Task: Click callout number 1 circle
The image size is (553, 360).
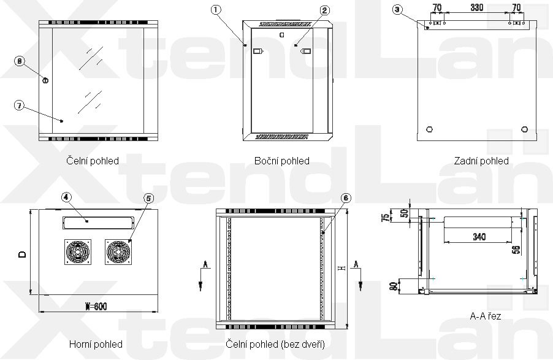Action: (216, 10)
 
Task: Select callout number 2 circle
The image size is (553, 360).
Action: (324, 10)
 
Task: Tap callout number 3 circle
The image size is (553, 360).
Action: (397, 10)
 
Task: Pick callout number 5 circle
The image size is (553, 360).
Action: (148, 198)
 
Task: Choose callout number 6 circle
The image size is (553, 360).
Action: (346, 197)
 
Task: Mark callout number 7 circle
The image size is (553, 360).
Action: (19, 105)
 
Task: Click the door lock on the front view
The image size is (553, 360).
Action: (45, 80)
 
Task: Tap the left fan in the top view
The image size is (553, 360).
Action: (78, 252)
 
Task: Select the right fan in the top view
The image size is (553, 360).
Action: (118, 252)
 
